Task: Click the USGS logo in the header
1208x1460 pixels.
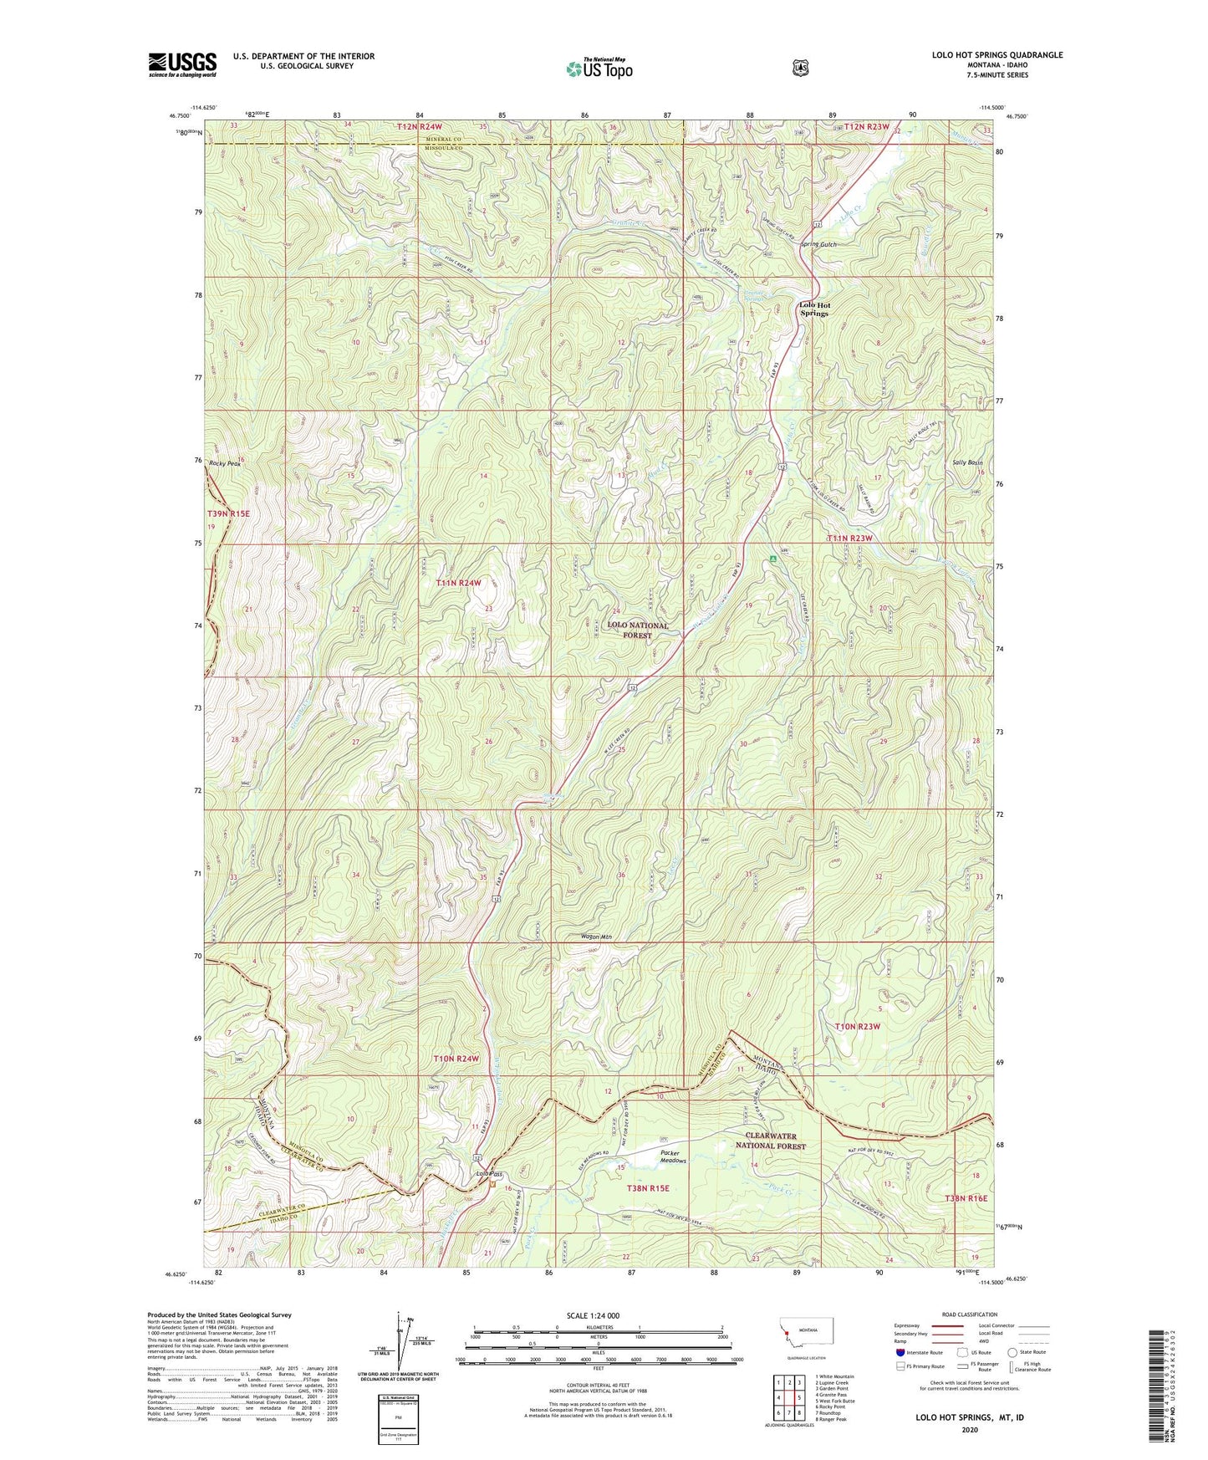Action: [x=182, y=64]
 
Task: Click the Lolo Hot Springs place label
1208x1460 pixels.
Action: [x=814, y=309]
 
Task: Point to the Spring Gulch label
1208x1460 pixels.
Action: [x=818, y=244]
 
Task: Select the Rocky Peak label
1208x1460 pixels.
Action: [x=225, y=463]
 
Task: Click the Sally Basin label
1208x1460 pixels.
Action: [x=966, y=462]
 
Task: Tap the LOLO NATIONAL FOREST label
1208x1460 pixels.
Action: [x=638, y=630]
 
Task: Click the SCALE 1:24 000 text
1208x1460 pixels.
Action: [x=593, y=1316]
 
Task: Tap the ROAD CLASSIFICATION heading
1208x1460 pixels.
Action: [x=969, y=1315]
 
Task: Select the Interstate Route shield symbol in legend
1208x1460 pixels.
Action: [x=900, y=1352]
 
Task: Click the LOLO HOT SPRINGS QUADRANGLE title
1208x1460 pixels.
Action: [x=997, y=55]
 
